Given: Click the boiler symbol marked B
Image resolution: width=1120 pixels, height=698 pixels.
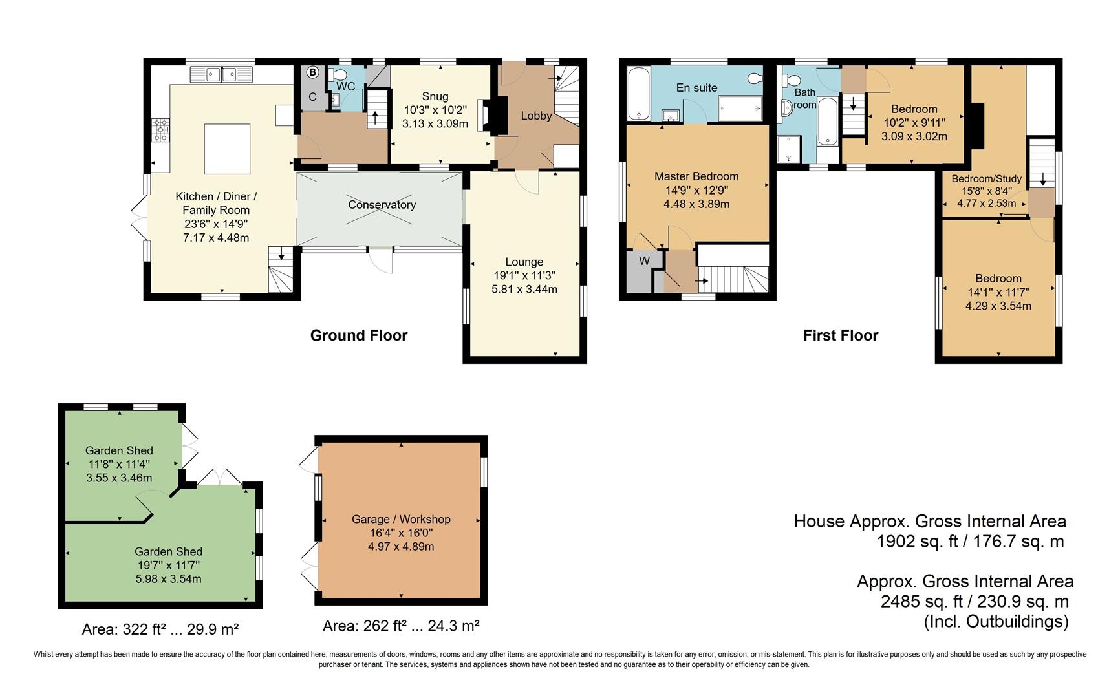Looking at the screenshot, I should tap(312, 72).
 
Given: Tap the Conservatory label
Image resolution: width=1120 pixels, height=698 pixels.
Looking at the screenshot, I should tap(382, 205).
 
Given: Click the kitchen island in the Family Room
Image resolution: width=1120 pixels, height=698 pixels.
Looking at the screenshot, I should tap(227, 149).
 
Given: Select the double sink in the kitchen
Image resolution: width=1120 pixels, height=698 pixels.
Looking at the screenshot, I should tap(221, 75).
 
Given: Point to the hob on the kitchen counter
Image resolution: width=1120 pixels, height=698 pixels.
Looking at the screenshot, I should tap(160, 130).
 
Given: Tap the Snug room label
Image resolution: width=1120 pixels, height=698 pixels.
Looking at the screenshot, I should tap(435, 96).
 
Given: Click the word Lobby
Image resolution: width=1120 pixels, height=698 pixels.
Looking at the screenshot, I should tap(536, 116).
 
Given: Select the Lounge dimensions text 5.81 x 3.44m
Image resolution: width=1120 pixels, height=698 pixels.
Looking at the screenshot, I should tap(524, 289).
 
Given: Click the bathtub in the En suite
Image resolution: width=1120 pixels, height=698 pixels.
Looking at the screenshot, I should tap(638, 93).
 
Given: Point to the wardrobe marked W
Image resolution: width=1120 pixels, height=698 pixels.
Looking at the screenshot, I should tap(644, 262).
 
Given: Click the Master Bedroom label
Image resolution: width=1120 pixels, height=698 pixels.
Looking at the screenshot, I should tap(696, 176).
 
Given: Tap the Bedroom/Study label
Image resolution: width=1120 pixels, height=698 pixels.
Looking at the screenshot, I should tap(986, 179).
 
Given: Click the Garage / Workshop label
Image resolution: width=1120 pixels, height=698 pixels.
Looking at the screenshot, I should tap(401, 519).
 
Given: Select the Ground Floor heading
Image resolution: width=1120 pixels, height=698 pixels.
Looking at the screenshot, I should tap(359, 335).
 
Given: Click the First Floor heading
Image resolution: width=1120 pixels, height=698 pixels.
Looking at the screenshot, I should tap(840, 335).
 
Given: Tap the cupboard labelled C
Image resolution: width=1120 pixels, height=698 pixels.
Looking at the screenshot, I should tap(312, 98).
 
